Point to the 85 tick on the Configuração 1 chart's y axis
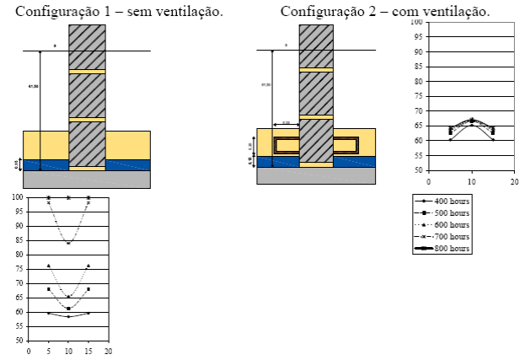click(x=19, y=240)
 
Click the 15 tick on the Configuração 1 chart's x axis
click(x=88, y=351)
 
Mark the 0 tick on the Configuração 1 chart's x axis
click(x=29, y=351)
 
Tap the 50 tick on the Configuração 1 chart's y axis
click(x=19, y=341)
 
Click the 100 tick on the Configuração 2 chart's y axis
click(x=416, y=22)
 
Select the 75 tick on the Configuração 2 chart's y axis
click(x=417, y=96)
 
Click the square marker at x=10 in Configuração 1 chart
click(x=68, y=309)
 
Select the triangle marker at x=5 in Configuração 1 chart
click(x=49, y=266)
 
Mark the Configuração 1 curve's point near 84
click(x=68, y=243)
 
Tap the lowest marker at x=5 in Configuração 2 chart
click(x=451, y=139)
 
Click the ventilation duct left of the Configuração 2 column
click(x=287, y=145)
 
